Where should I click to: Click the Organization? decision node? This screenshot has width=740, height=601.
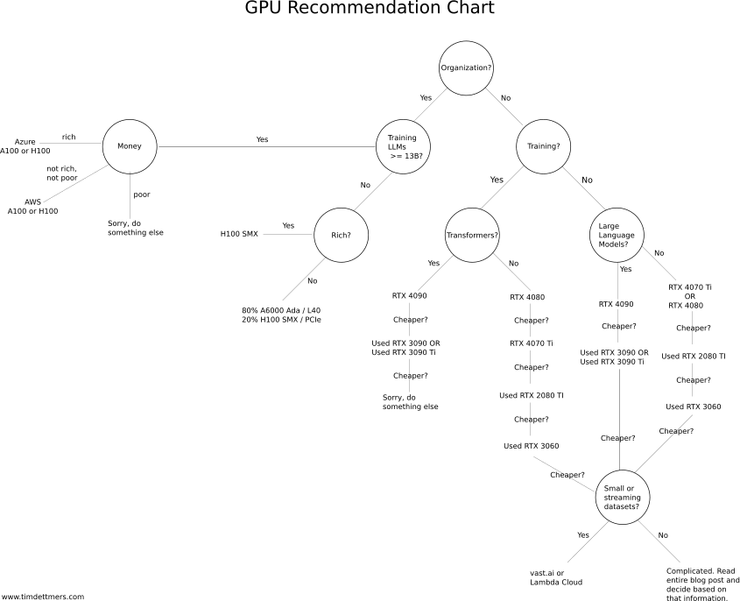coord(466,68)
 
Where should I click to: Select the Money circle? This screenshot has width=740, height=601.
coord(130,146)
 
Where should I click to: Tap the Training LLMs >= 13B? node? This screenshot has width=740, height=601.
coord(403,146)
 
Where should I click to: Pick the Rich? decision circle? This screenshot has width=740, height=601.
coord(342,235)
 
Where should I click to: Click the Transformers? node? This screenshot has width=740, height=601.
coord(472,235)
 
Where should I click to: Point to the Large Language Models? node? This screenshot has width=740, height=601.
coord(617,235)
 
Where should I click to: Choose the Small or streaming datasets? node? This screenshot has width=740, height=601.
coord(623,497)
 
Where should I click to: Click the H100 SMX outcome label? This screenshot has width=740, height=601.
coord(239,234)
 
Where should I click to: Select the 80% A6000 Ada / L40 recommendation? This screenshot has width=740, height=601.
coord(281,315)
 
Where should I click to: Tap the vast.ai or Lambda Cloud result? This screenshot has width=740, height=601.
coord(556,577)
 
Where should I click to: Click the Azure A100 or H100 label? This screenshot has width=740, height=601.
coord(25,146)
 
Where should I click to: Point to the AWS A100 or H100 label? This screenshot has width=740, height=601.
coord(32,206)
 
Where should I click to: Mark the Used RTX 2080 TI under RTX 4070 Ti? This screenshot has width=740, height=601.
coord(532,395)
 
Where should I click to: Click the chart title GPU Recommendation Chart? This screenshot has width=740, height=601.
coord(370,8)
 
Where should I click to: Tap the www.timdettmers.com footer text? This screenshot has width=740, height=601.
coord(43,597)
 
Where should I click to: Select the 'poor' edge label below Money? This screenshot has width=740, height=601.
coord(142,194)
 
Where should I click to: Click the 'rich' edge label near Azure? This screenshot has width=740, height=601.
coord(68,137)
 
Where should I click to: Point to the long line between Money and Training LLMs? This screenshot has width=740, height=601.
coord(266,147)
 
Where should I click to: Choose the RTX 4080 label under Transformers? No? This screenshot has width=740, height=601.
coord(527,297)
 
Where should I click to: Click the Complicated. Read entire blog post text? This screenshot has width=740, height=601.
coord(702,584)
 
